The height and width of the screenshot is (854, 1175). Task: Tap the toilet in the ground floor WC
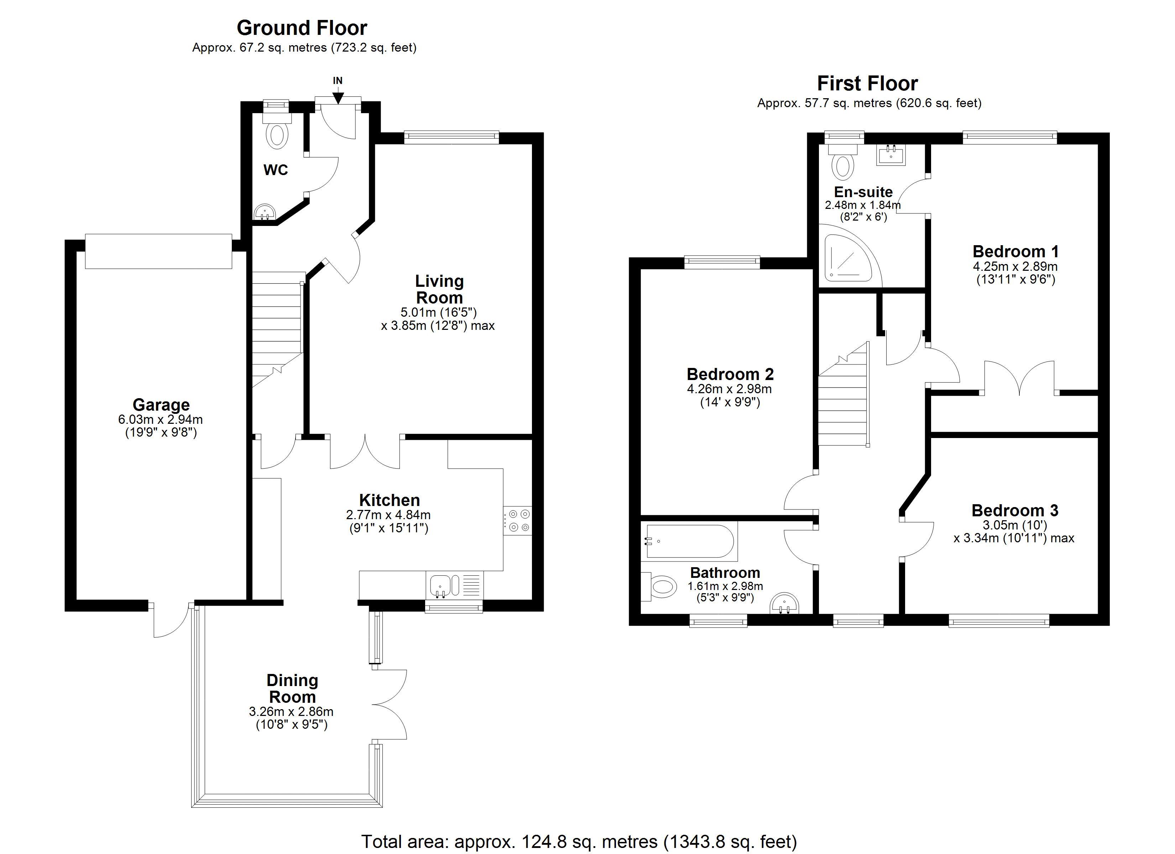point(277,130)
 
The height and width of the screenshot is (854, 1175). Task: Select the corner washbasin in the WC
point(265,211)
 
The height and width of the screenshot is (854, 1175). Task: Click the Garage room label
point(161,405)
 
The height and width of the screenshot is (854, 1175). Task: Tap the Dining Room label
point(292,688)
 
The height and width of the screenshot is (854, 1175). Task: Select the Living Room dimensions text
point(438,319)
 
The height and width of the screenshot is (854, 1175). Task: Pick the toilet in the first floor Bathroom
point(659,587)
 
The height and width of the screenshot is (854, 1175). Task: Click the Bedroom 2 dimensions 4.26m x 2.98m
point(730,389)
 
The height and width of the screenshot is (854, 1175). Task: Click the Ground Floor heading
point(302,27)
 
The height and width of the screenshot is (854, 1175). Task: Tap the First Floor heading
point(868,83)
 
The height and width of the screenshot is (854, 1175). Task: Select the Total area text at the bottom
point(579,841)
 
